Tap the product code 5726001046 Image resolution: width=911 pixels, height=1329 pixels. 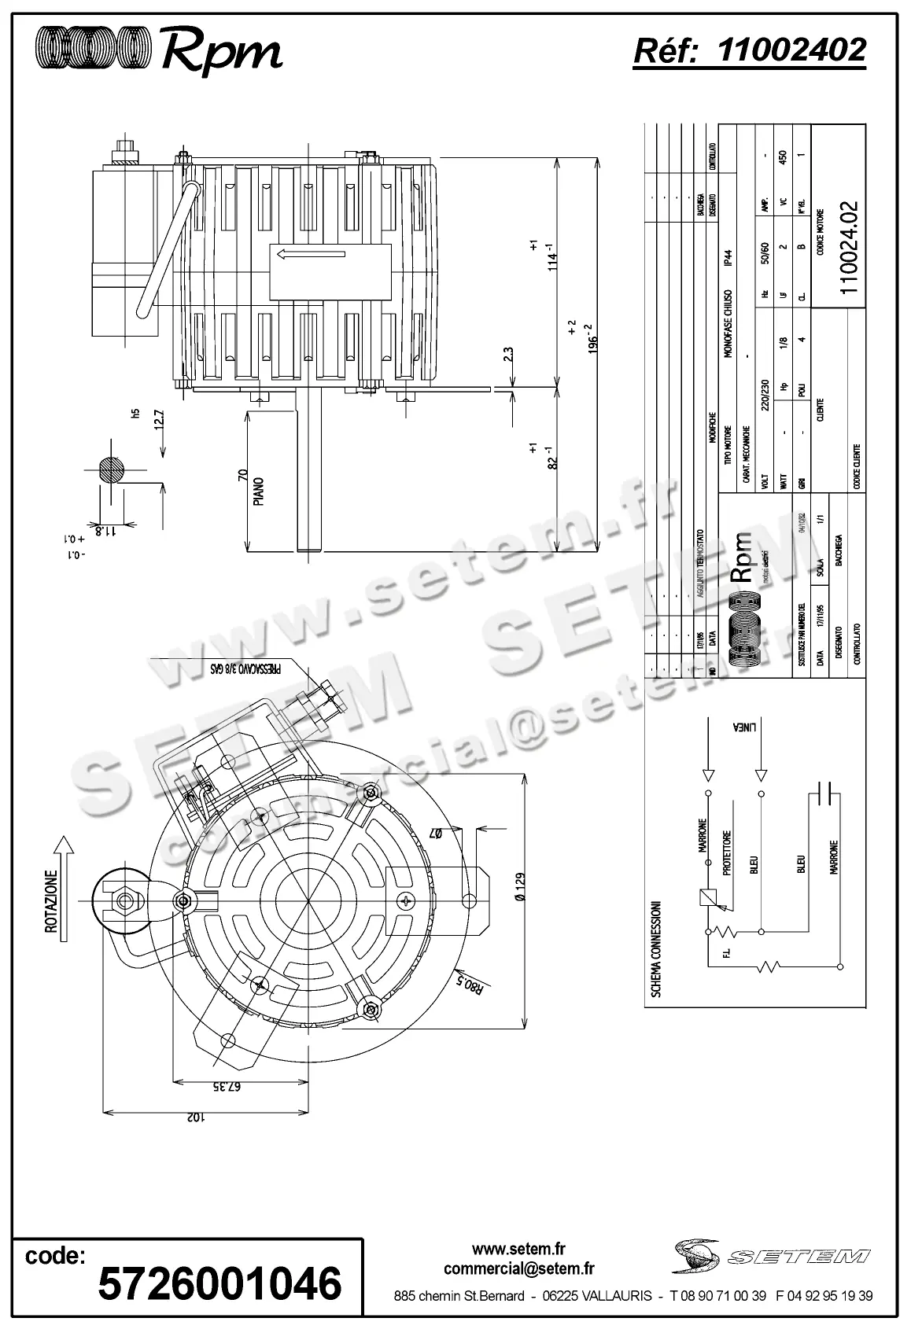[219, 1283]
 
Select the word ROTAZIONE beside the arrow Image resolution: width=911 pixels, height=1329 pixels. [51, 901]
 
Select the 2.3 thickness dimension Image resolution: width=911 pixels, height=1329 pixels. [508, 355]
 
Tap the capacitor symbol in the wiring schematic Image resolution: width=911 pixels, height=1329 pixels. [825, 795]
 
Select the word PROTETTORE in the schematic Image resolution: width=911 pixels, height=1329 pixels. [728, 853]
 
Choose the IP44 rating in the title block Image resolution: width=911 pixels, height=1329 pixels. [728, 260]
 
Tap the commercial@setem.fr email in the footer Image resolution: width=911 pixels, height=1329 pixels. [518, 1268]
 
